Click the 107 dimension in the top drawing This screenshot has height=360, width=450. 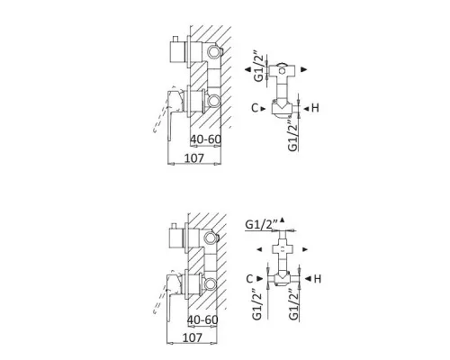tap(193, 157)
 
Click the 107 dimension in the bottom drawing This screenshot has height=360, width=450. tap(193, 337)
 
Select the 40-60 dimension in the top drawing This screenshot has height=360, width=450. tap(206, 139)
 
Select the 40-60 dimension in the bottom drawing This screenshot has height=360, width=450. tap(202, 319)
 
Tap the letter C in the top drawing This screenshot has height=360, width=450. tap(255, 108)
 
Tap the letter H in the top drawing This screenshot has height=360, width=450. tap(315, 108)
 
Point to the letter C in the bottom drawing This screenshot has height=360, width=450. tap(249, 279)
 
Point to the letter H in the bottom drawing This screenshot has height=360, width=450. tap(318, 279)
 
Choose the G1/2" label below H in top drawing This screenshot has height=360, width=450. tap(292, 136)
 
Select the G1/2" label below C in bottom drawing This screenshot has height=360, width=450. tap(257, 304)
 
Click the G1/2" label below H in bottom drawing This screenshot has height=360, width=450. tap(294, 304)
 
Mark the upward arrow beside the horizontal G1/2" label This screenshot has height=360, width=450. tap(282, 220)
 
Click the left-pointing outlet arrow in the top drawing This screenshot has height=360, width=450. tap(247, 69)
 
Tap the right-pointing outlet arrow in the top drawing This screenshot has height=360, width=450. tap(304, 69)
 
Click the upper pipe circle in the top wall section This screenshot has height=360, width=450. tap(214, 52)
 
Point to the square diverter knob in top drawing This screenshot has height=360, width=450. tap(178, 51)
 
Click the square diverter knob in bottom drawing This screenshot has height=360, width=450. tap(177, 238)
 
